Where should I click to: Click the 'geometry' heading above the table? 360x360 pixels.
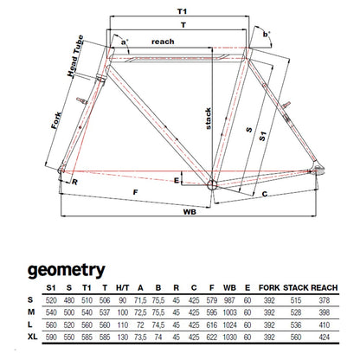[67, 271]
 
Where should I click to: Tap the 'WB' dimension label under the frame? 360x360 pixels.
[190, 212]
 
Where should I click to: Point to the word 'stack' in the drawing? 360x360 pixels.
[209, 119]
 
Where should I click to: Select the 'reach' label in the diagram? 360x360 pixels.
[163, 42]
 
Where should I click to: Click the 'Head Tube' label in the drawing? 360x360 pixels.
[75, 55]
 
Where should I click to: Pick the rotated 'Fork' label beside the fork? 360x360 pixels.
[56, 120]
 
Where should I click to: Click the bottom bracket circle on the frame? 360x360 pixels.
[212, 183]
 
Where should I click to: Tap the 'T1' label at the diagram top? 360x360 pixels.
[182, 11]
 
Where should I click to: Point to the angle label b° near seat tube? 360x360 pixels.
[267, 35]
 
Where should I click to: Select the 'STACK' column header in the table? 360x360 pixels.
[296, 288]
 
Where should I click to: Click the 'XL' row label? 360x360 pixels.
[33, 337]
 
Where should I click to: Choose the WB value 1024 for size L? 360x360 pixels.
[230, 325]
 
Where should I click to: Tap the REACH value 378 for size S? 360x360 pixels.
[325, 300]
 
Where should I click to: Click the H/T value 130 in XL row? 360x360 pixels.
[123, 337]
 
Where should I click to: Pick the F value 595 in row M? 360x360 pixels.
[212, 312]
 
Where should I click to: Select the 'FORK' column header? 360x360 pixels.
[269, 288]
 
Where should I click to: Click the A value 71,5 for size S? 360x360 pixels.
[140, 300]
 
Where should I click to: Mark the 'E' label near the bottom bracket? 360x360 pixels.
[177, 181]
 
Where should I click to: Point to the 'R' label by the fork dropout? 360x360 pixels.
[74, 183]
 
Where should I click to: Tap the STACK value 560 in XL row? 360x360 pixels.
[296, 337]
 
